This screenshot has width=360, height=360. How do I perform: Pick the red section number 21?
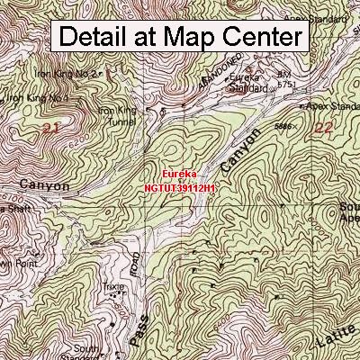(x=50, y=130)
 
